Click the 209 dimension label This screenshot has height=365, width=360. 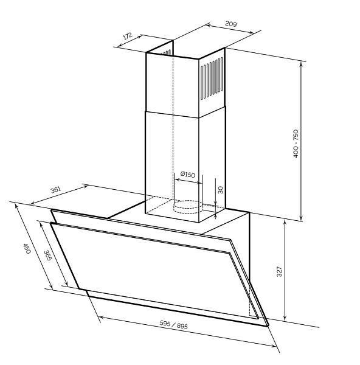(x=231, y=24)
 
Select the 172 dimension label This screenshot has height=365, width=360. (x=128, y=36)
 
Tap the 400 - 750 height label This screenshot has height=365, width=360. (x=296, y=144)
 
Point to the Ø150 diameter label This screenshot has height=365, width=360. (x=188, y=175)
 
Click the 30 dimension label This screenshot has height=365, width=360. (x=221, y=190)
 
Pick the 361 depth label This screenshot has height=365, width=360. (x=56, y=190)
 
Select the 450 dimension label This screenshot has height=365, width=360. (x=27, y=249)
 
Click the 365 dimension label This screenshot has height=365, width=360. (x=47, y=255)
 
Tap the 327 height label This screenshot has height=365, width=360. (x=279, y=271)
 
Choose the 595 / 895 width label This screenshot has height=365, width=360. (x=173, y=325)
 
